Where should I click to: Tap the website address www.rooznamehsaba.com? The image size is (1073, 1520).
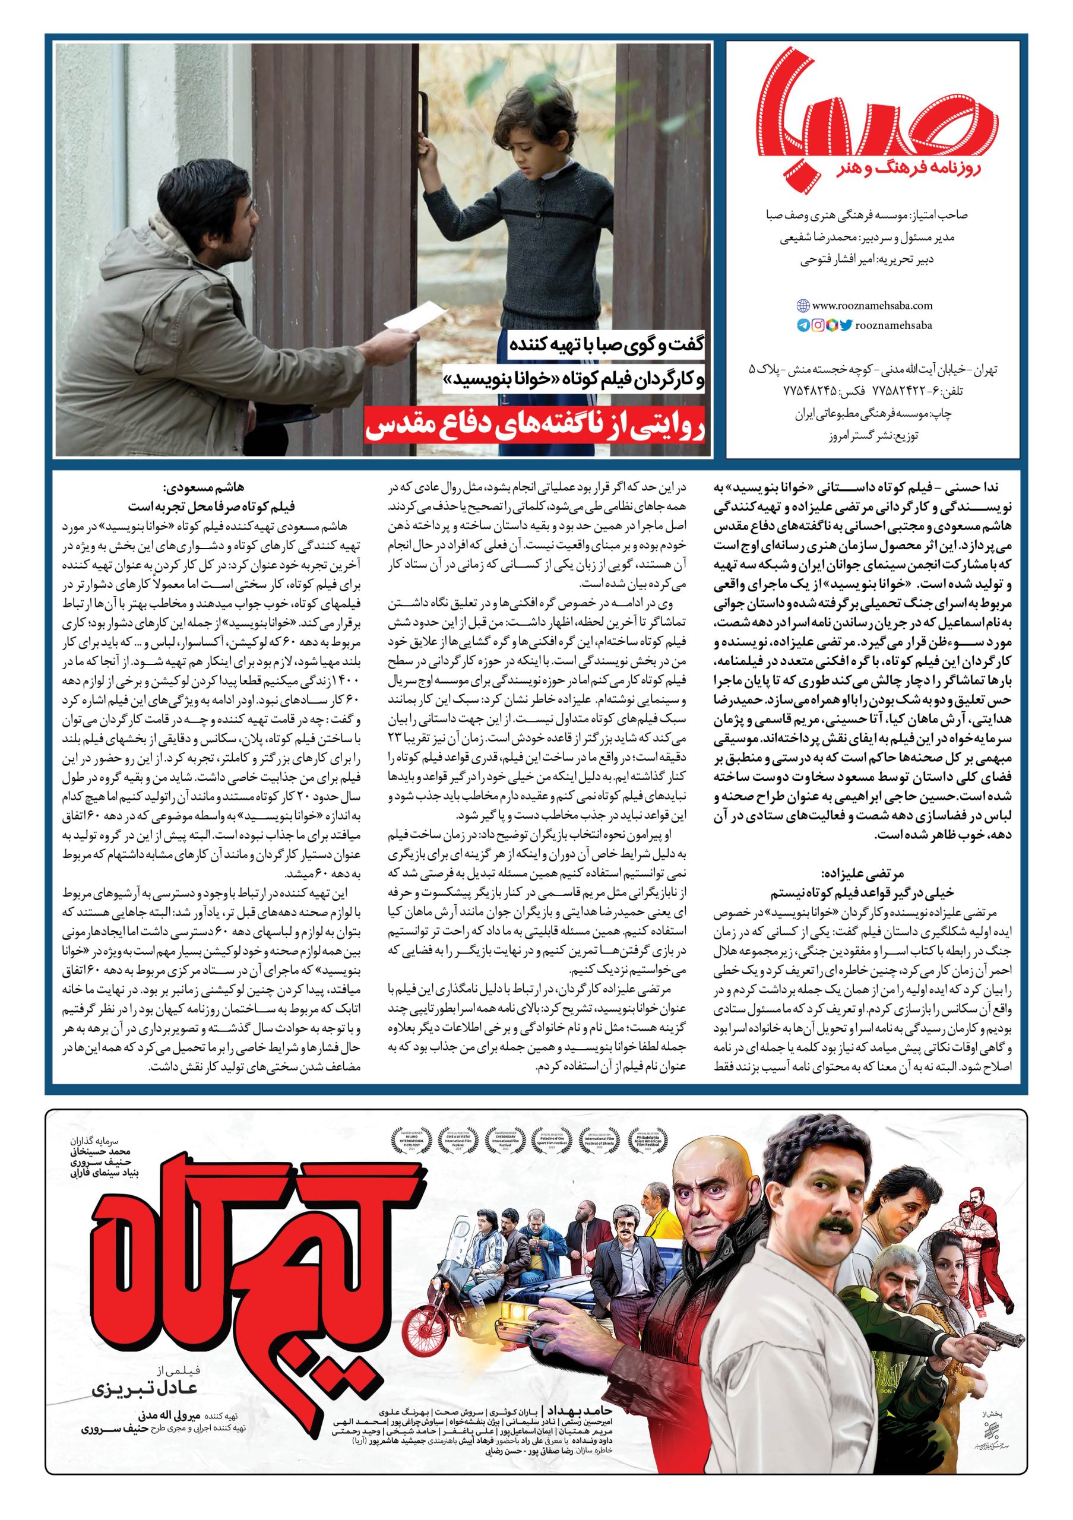pyautogui.click(x=872, y=306)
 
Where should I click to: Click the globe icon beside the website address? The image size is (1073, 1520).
pyautogui.click(x=802, y=306)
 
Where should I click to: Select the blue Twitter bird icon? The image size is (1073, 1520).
pyautogui.click(x=846, y=325)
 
